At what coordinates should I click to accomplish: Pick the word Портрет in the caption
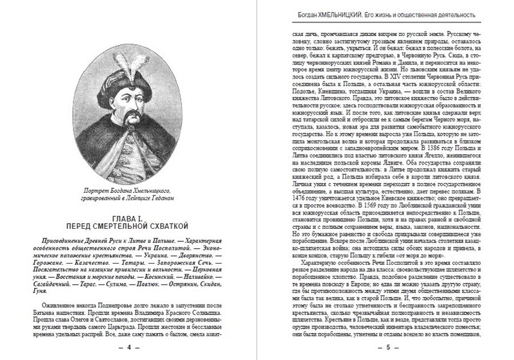(x=98, y=190)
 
